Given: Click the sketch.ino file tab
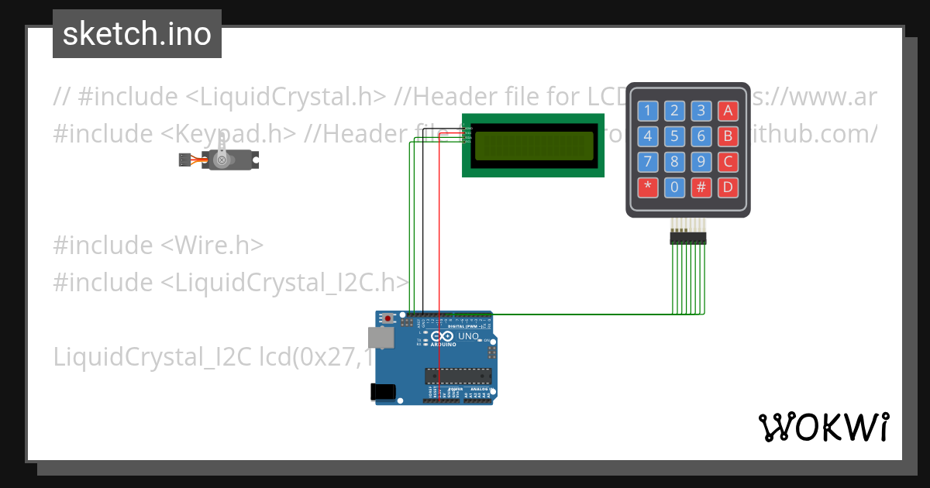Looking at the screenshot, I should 137,34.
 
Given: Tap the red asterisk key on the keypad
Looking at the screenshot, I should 648,187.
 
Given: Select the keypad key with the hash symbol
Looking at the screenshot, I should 701,187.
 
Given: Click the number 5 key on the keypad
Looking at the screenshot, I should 674,136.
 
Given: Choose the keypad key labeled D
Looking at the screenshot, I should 727,187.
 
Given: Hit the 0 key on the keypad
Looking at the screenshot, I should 674,187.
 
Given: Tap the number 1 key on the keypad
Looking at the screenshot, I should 648,110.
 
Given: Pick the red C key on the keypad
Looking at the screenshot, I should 727,162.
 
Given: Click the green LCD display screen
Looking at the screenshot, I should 532,146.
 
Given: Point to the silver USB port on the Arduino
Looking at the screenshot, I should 379,337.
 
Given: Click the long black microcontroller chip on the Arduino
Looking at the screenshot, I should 457,376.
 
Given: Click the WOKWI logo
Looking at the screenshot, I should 823,427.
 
